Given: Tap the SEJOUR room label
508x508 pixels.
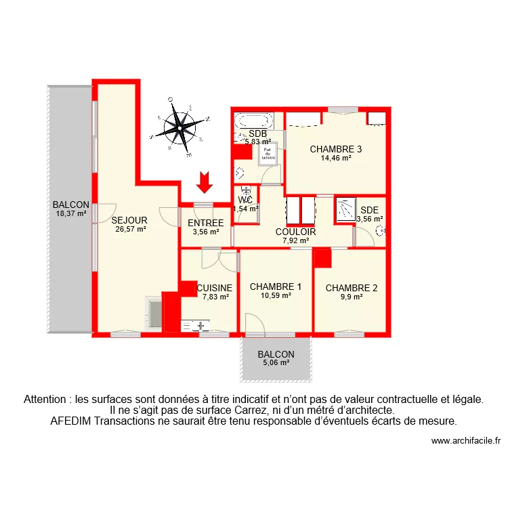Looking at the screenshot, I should [130, 220].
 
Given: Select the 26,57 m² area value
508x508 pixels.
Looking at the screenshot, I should [130, 229].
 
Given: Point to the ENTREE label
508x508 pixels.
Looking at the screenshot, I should [206, 223].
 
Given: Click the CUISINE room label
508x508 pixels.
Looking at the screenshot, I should [215, 288].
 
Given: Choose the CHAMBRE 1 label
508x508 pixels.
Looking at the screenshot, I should [276, 287].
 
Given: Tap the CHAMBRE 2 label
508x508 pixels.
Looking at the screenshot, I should [352, 288].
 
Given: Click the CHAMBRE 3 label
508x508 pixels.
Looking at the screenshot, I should [336, 149].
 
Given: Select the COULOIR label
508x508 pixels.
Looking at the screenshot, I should [295, 232].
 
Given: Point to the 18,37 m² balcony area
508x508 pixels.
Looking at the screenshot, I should [71, 213].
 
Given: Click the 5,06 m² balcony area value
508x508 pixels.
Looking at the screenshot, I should [276, 362].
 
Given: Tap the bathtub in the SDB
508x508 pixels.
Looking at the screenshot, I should [252, 121].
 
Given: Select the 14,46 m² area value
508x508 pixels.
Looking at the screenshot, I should [336, 158].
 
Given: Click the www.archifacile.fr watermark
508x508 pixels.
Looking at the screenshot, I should [465, 441].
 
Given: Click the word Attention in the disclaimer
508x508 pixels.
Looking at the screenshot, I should [46, 399].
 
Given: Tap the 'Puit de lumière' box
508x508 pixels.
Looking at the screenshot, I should [268, 154].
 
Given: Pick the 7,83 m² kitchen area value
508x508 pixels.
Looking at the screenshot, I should [215, 296].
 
